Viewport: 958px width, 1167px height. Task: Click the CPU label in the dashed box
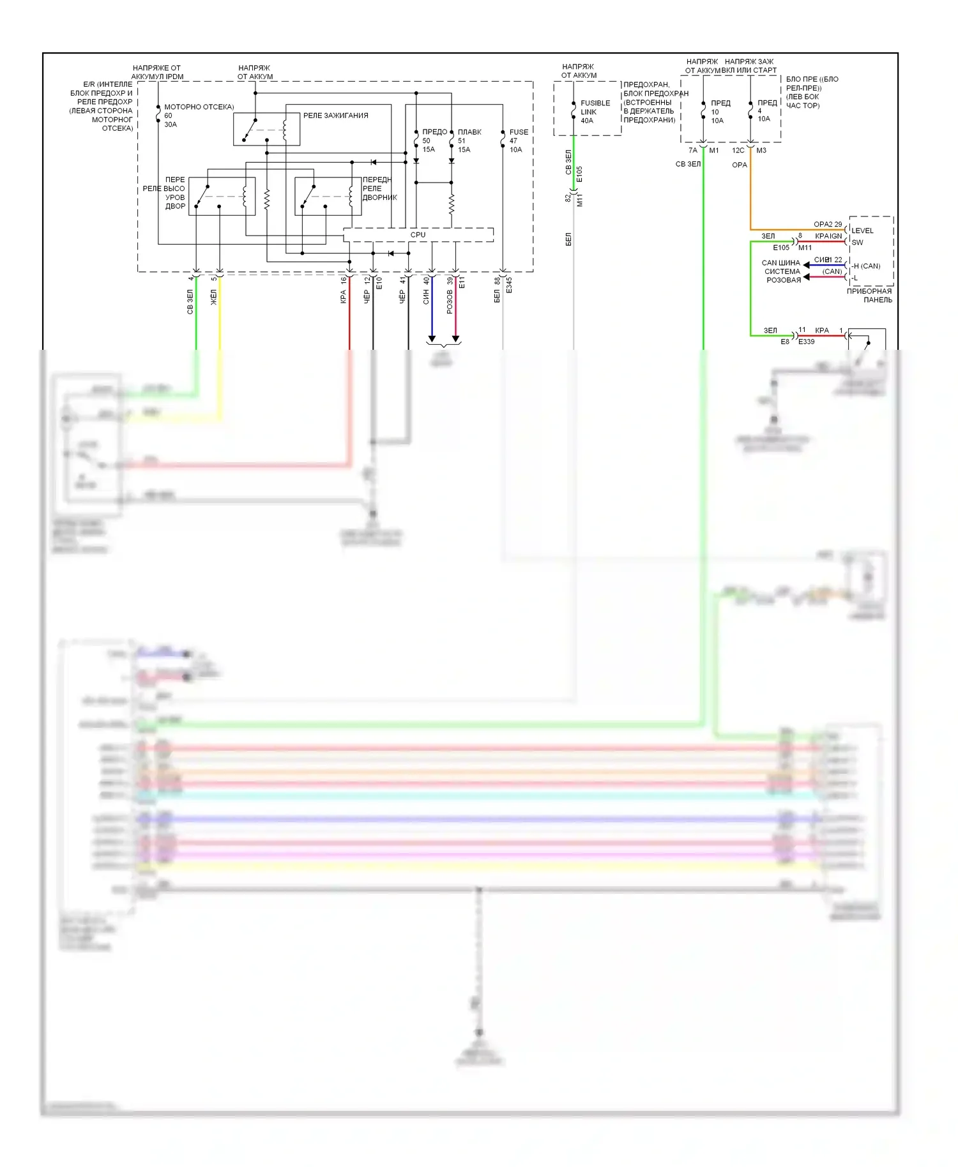(418, 235)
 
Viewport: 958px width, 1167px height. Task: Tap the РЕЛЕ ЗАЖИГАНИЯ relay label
(335, 116)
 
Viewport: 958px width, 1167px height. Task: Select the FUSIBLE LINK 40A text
(595, 112)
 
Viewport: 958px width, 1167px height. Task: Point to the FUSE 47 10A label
(518, 140)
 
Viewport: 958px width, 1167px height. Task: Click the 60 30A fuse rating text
(170, 120)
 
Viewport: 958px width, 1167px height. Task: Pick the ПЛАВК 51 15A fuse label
(469, 140)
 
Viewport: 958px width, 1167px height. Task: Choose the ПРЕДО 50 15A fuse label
(434, 140)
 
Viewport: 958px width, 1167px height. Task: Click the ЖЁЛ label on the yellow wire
(214, 297)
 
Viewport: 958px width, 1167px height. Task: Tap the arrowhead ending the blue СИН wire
(432, 338)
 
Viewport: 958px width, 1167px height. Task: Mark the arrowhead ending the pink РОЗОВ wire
(455, 338)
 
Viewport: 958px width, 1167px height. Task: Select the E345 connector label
(509, 285)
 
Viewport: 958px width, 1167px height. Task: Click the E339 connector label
(806, 342)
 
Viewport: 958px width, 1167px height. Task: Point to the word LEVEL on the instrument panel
(862, 230)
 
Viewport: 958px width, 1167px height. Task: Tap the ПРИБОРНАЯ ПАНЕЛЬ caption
(869, 296)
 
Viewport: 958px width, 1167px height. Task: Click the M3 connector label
(761, 151)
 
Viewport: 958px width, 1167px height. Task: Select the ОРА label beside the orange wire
(739, 165)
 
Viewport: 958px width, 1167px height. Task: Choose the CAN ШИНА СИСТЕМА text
(782, 267)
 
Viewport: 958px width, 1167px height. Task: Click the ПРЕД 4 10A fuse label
(766, 110)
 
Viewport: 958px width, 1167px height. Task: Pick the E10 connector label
(379, 283)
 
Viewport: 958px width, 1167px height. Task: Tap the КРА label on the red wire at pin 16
(344, 297)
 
